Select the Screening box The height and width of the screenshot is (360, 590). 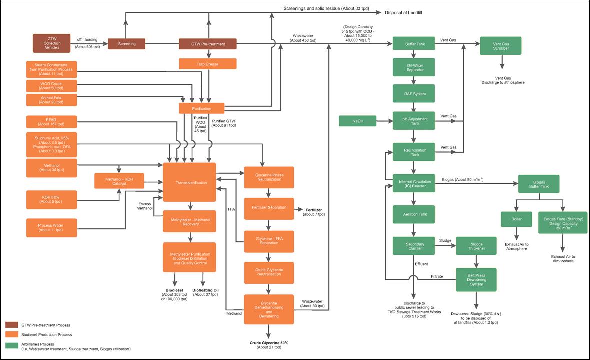pos(126,44)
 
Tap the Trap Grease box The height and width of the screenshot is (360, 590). pos(208,64)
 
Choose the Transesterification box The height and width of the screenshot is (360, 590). pos(189,183)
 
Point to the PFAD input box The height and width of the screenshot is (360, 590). pos(52,121)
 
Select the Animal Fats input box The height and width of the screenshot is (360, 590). pos(52,99)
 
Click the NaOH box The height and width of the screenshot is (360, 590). pos(357,121)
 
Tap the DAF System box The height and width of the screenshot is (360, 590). pos(413,93)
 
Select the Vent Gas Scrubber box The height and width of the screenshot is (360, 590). pos(500,45)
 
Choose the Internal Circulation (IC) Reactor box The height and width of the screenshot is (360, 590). pos(413,183)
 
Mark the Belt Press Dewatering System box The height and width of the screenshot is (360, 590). pos(475,280)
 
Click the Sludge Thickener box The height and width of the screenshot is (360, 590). pos(475,245)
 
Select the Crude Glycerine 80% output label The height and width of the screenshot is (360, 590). pos(269,342)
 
